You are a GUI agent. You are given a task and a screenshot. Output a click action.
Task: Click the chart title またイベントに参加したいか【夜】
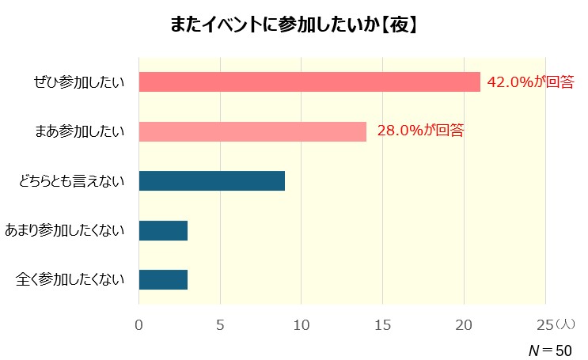[x=294, y=25]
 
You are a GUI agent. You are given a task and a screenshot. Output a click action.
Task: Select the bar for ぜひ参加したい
[x=309, y=82]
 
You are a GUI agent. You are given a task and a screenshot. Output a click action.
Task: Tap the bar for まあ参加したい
[x=252, y=131]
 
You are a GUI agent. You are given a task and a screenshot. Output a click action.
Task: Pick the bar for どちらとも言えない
[x=211, y=180]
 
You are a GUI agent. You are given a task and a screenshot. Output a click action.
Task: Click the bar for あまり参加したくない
[x=163, y=230]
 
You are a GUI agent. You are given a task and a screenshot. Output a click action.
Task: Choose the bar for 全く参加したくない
[x=163, y=279]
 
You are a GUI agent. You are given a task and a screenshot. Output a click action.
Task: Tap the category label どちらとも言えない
[x=72, y=181]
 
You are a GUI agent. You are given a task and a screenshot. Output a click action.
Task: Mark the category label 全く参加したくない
[x=70, y=279]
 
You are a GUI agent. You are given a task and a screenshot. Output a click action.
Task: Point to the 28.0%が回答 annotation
[x=419, y=131]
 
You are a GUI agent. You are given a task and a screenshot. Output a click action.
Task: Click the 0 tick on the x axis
[x=139, y=324]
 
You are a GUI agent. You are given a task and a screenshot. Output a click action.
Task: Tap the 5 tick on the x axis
[x=220, y=324]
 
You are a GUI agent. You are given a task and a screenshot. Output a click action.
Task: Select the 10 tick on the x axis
[x=302, y=324]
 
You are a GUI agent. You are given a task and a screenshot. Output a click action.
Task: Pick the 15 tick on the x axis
[x=383, y=324]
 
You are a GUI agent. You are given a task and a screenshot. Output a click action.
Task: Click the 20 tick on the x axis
[x=465, y=324]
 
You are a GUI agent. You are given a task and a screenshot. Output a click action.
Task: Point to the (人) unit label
[x=566, y=324]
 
